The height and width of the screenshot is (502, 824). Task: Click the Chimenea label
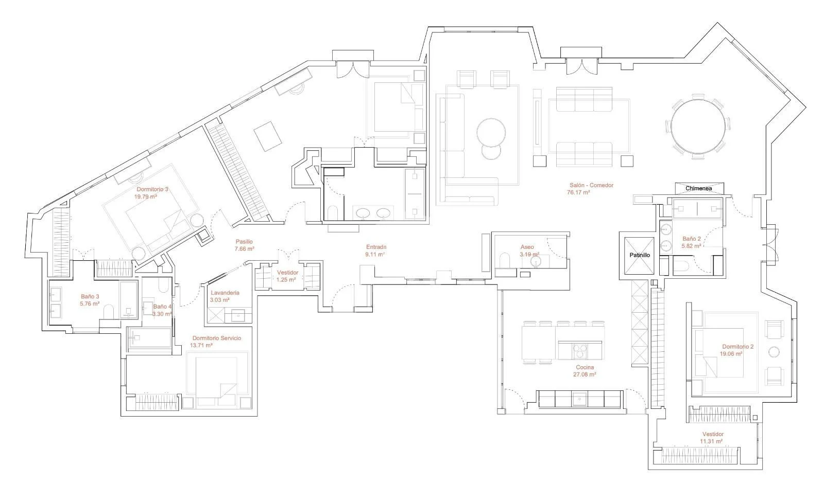point(698,189)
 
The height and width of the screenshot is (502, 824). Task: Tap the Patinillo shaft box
point(639,256)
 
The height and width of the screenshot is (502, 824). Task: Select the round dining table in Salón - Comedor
point(698,127)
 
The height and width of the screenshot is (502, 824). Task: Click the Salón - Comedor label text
point(592,185)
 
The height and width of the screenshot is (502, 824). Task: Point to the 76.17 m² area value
point(579,192)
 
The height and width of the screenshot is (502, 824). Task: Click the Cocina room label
point(585,367)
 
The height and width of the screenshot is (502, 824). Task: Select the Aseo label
point(527,247)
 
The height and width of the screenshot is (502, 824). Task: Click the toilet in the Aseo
point(505,260)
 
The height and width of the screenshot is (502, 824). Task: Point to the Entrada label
point(376,247)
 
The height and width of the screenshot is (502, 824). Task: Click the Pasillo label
point(244,242)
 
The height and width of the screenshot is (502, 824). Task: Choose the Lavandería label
point(225,293)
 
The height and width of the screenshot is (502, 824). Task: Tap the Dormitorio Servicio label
point(217,338)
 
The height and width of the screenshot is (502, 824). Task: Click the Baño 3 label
point(90,297)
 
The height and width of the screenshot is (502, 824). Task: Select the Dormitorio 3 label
point(152,189)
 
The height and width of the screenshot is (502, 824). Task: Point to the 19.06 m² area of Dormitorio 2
point(731,354)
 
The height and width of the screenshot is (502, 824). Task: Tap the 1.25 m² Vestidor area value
point(286,280)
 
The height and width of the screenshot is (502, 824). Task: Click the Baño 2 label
point(692,239)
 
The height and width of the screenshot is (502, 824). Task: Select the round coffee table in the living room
point(491,132)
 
